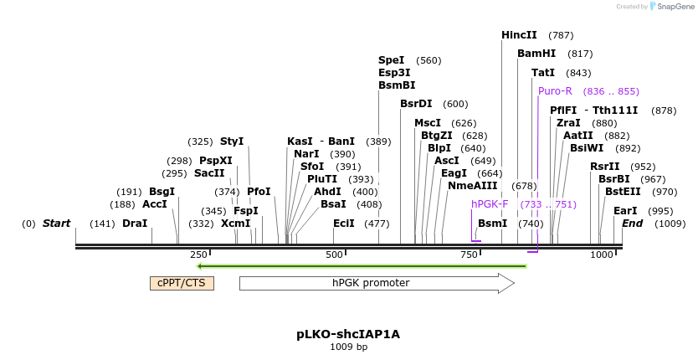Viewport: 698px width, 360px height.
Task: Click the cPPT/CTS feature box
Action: coord(182,283)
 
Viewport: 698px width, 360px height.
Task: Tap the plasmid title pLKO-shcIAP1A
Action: coord(348,334)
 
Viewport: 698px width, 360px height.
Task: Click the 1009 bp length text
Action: coord(348,347)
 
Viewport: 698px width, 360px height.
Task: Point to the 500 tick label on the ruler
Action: coord(334,255)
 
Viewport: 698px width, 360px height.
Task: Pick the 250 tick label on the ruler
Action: coord(198,255)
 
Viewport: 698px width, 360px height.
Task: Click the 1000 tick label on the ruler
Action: coord(602,255)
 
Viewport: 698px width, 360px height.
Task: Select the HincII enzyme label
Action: coord(519,35)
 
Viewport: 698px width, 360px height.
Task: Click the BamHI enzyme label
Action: coord(536,54)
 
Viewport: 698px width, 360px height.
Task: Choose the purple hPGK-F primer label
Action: coord(490,204)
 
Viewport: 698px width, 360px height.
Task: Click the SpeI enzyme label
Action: coord(391,60)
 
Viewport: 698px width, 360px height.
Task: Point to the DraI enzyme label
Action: coord(135,224)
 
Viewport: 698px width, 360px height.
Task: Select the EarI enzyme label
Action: coord(625,211)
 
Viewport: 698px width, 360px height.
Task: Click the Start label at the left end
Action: coord(56,224)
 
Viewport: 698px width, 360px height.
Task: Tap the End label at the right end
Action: coord(632,224)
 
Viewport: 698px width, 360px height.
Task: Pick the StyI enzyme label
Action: coord(232,141)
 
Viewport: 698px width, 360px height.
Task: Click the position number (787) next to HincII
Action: coord(561,35)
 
